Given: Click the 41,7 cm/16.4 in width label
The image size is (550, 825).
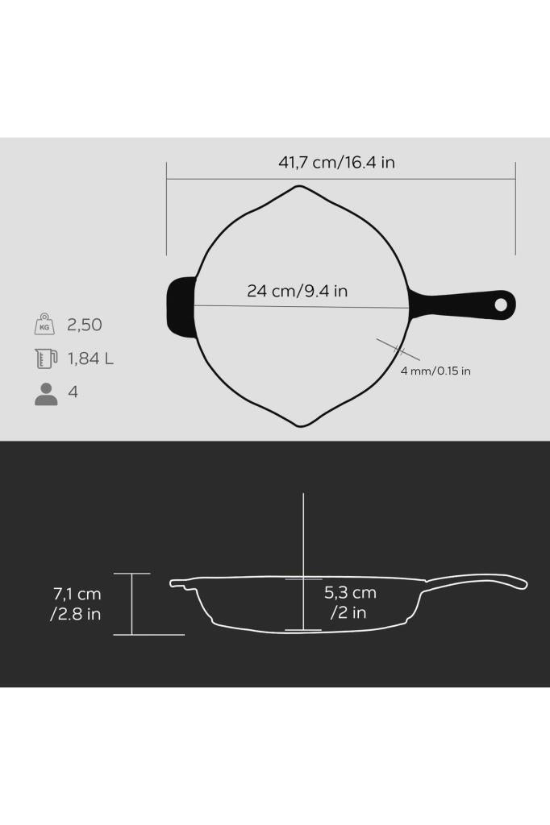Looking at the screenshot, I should [x=337, y=163].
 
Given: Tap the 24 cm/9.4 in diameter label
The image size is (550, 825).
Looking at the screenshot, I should [x=297, y=291].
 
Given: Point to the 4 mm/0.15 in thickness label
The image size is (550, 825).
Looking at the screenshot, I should [x=435, y=371].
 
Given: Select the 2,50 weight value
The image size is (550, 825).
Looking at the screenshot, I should [x=85, y=325].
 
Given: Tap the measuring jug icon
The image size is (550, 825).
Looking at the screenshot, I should [x=46, y=359].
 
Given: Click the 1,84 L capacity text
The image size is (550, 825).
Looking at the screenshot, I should [x=90, y=359].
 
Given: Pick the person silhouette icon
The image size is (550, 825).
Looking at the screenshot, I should [x=46, y=394].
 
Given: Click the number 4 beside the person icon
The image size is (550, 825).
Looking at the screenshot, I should [x=73, y=393].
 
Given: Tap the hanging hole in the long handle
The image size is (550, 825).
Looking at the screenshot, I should [x=501, y=305].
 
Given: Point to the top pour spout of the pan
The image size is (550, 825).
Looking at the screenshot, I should [x=300, y=189].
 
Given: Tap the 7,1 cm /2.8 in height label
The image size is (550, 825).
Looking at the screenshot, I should [x=77, y=604].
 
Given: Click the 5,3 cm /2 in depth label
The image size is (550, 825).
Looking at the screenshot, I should [x=350, y=603].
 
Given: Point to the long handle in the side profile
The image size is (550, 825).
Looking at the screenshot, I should [x=476, y=581].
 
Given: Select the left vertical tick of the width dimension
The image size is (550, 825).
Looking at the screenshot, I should [x=167, y=208].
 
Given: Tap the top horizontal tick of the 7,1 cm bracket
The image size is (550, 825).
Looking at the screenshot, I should [x=131, y=574].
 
